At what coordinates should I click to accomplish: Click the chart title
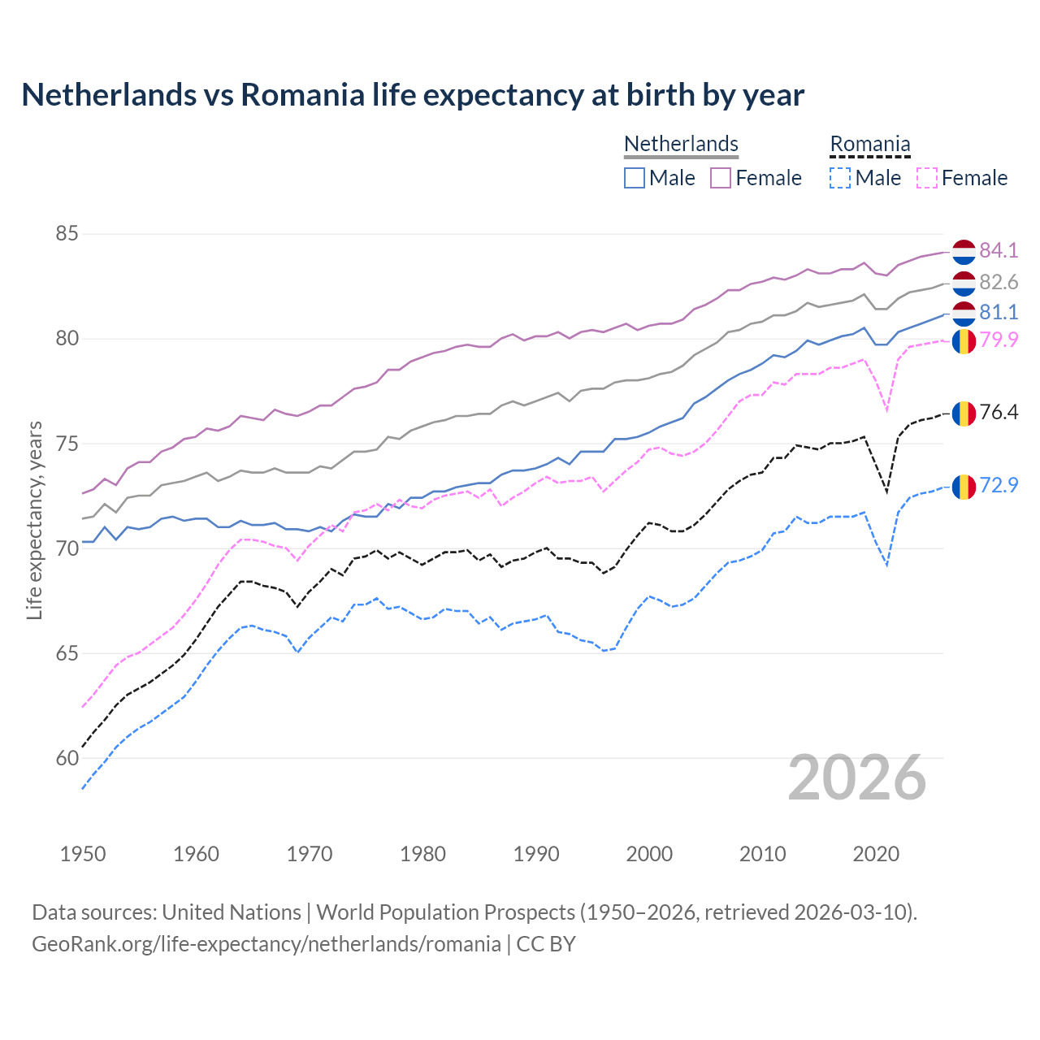pos(413,95)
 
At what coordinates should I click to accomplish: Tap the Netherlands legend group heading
pos(681,144)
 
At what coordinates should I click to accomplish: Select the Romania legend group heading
pos(869,144)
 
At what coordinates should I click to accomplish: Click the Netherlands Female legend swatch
pos(721,178)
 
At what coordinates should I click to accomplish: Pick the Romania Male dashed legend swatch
pos(840,178)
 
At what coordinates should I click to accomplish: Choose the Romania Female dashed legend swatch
pos(926,178)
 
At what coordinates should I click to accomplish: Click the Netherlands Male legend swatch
pos(635,178)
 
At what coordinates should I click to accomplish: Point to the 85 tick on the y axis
pos(67,234)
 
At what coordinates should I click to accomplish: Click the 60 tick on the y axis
pos(67,758)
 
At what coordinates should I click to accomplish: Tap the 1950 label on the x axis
pos(83,854)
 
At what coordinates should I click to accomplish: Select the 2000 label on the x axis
pos(649,854)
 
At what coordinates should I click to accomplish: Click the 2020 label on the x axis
pos(876,854)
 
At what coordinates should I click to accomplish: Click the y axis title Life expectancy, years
pos(35,520)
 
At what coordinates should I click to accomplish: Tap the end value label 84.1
pos(999,250)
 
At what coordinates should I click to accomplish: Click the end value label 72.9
pos(999,485)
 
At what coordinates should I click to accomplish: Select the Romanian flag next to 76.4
pos(964,413)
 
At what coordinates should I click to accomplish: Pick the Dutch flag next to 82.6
pos(964,283)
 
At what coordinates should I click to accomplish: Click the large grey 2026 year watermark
pos(857,778)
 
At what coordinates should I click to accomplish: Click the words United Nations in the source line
pos(232,912)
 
